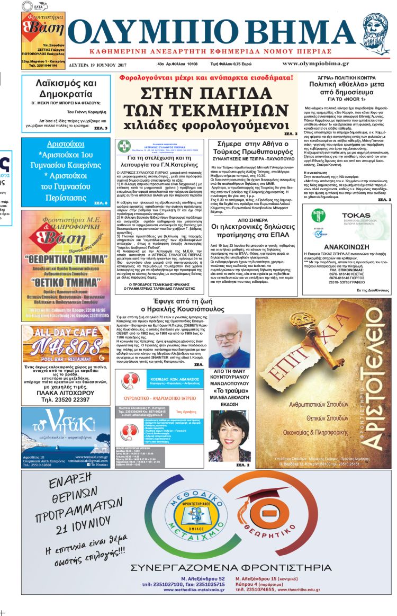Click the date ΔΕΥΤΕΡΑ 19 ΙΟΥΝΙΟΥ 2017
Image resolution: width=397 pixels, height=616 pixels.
97,65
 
